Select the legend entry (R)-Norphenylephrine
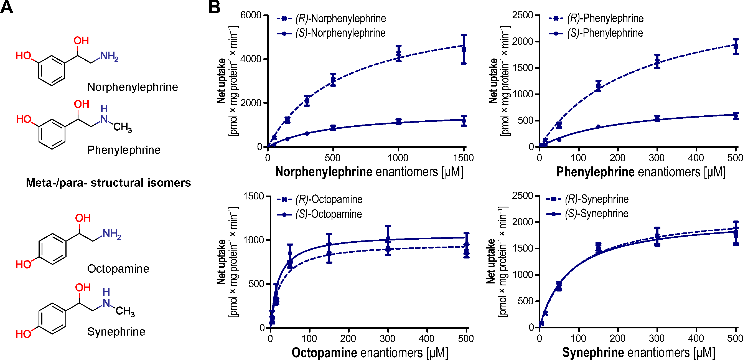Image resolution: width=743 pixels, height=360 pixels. [x=340, y=19]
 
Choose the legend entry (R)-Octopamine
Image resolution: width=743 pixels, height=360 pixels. [x=329, y=199]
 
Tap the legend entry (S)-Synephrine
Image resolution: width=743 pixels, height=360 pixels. [x=596, y=214]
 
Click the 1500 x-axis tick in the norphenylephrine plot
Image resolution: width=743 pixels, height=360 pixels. [x=463, y=158]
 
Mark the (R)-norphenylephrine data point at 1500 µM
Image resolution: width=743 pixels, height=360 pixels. [x=464, y=49]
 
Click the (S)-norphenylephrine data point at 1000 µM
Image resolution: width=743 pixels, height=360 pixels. [x=398, y=121]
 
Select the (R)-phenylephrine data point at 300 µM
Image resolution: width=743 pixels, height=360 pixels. [x=657, y=62]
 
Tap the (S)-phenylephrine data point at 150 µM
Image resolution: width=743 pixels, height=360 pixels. [x=598, y=127]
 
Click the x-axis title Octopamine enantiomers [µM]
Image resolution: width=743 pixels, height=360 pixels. [x=370, y=353]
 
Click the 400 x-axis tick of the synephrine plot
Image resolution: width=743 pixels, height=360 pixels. [x=696, y=338]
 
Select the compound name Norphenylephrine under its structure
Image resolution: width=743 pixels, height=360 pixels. [x=133, y=87]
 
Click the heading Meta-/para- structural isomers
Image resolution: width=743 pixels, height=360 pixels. [x=108, y=182]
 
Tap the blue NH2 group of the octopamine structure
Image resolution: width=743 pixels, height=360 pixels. [x=111, y=234]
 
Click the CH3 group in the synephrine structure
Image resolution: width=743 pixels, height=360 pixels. [x=125, y=311]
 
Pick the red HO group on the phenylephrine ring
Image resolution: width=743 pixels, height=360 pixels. [x=23, y=119]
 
